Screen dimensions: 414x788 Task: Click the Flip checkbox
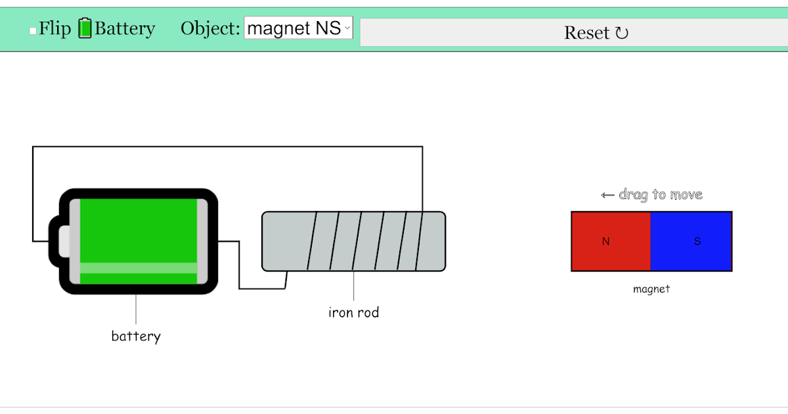(x=33, y=31)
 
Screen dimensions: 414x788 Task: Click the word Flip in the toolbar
(x=55, y=29)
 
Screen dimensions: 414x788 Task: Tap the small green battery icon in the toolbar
(x=85, y=28)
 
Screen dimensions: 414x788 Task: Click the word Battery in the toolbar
(x=125, y=29)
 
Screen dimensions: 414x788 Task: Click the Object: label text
(x=210, y=29)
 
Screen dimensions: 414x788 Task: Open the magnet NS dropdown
(x=299, y=28)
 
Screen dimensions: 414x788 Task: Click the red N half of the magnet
(x=611, y=241)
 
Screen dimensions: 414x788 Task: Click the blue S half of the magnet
(x=691, y=241)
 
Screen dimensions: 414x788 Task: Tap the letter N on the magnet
(x=605, y=242)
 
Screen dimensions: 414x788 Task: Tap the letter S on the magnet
(x=697, y=242)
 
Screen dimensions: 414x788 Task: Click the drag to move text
(x=660, y=195)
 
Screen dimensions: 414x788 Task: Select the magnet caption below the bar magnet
(x=651, y=289)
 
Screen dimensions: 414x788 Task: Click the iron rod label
(x=353, y=313)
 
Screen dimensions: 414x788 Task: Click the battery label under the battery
(x=136, y=336)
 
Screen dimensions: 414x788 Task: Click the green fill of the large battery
(x=138, y=230)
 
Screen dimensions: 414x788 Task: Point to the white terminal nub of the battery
(x=64, y=241)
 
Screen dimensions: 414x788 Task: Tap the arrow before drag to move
(x=607, y=195)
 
